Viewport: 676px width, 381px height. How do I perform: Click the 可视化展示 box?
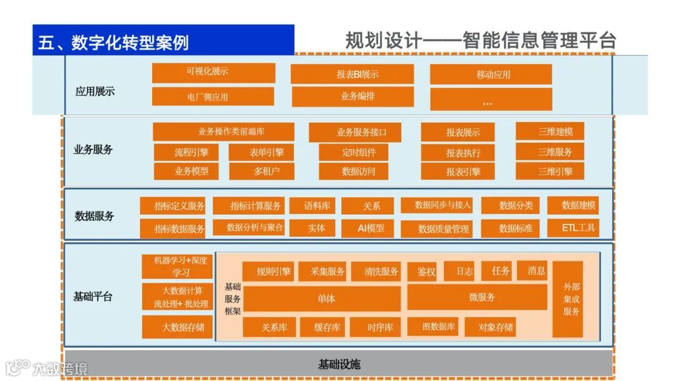[213, 72]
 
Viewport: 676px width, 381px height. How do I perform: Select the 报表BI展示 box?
[352, 74]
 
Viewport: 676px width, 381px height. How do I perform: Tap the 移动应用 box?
[491, 74]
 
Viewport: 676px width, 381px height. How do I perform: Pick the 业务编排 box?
[352, 97]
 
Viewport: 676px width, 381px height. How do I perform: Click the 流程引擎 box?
[192, 152]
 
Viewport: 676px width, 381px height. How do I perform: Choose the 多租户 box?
[261, 171]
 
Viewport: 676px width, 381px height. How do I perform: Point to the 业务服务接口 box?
[355, 132]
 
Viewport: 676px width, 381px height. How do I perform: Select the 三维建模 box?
[550, 132]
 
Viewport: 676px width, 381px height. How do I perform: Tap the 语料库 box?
[312, 206]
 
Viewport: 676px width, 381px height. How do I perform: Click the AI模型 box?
[367, 228]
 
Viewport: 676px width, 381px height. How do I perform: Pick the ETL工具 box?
[573, 227]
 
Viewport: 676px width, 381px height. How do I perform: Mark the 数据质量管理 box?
[443, 229]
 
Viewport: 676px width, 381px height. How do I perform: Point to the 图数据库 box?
[433, 326]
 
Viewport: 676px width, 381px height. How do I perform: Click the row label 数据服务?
[95, 216]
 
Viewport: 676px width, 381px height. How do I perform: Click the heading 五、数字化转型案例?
[113, 42]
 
